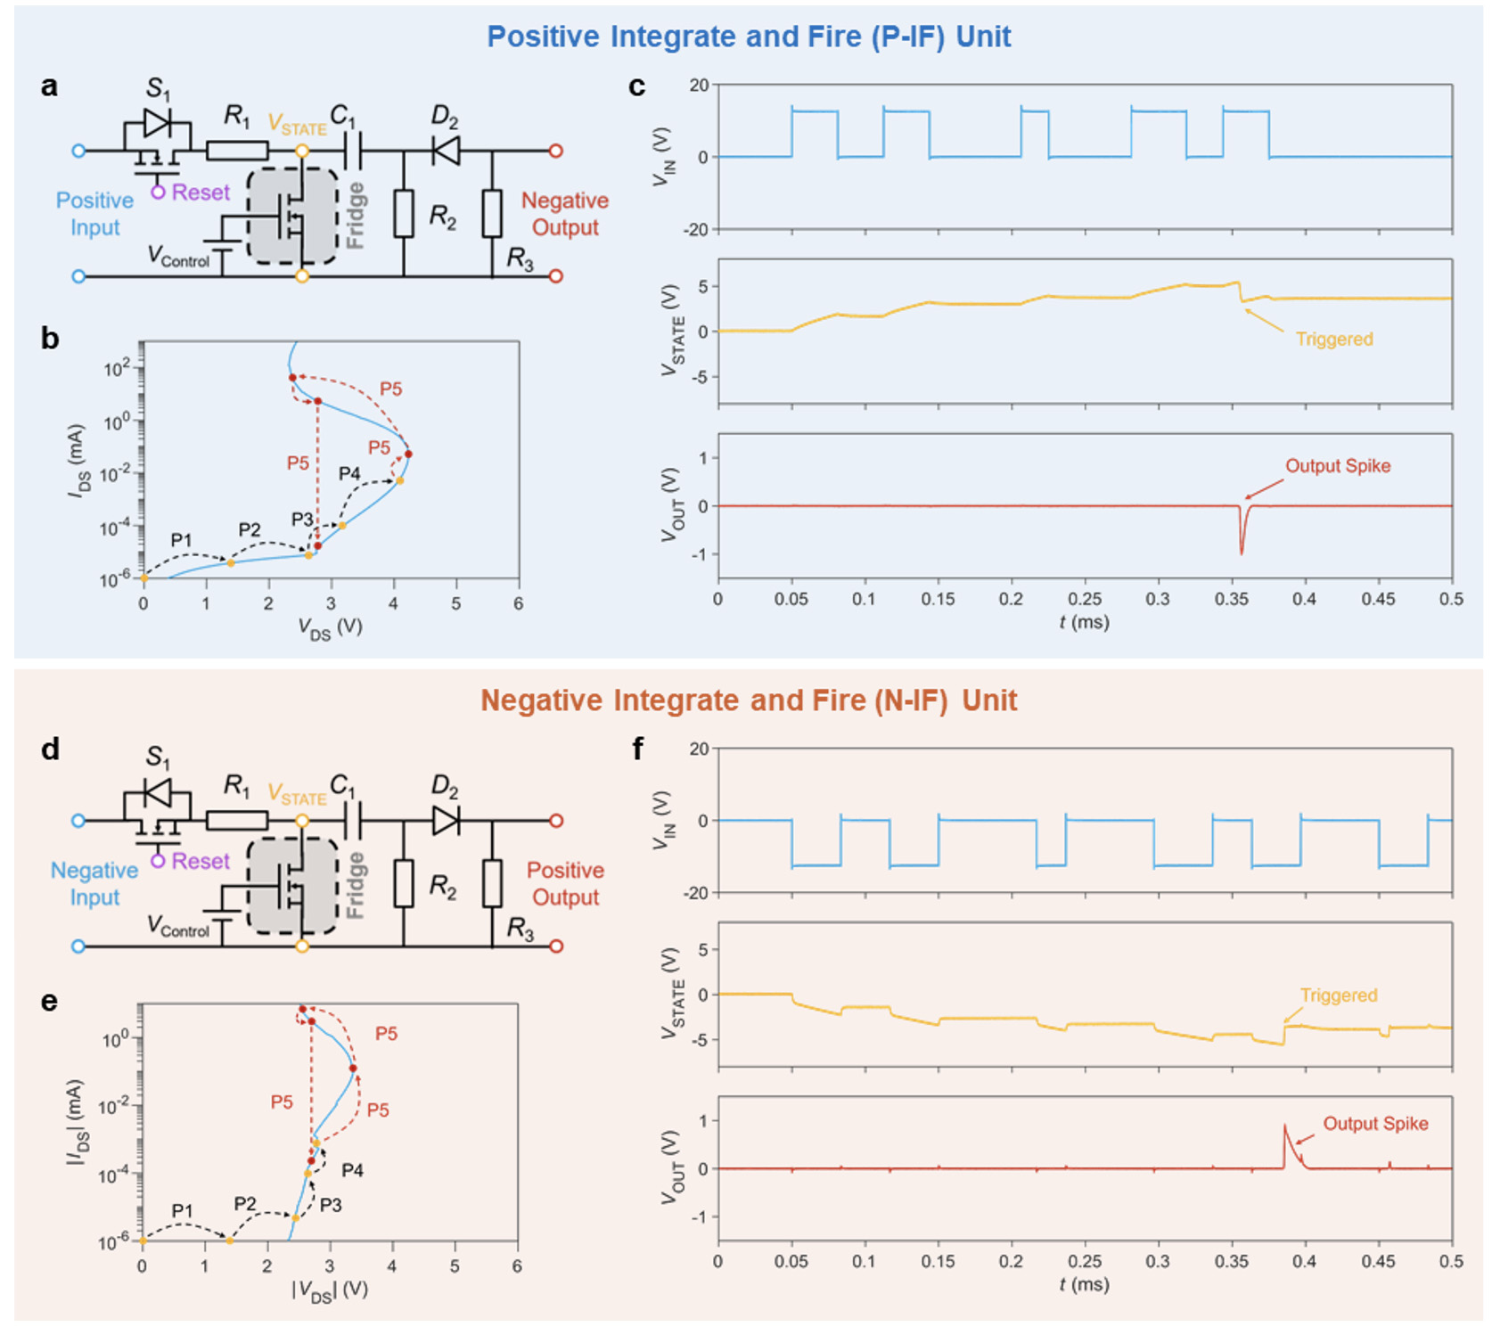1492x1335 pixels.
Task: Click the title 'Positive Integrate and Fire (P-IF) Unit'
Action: tap(749, 37)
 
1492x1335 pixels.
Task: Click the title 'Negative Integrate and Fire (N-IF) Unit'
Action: tap(749, 700)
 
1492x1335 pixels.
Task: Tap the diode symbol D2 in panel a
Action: tap(446, 150)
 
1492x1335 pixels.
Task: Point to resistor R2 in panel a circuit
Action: tap(404, 214)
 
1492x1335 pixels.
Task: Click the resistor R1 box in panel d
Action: tap(237, 821)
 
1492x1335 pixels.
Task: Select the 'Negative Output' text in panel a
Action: tap(565, 214)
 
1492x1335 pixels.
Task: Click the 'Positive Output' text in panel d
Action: tap(565, 883)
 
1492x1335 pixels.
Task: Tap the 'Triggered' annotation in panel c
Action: tap(1333, 340)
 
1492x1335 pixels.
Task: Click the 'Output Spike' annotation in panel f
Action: tap(1375, 1124)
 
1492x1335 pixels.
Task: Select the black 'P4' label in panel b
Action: tap(349, 473)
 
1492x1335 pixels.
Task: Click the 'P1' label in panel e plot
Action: tap(182, 1210)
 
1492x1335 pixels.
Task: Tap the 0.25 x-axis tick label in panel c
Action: tap(1085, 600)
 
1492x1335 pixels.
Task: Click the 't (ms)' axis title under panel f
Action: tap(1084, 1284)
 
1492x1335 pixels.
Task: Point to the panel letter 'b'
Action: tap(50, 339)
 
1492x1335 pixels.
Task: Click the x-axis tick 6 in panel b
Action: tap(518, 603)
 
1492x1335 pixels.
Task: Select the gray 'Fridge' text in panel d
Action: tap(356, 884)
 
